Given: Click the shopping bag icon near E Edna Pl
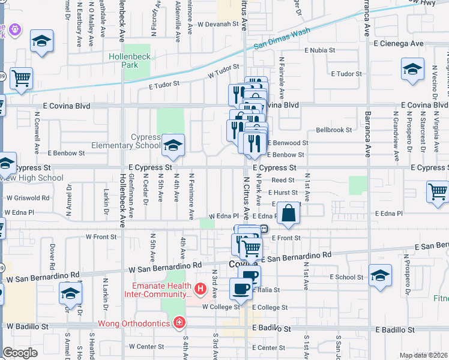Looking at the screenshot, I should [x=289, y=214].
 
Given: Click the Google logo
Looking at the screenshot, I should [x=20, y=353].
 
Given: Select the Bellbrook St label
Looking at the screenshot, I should [x=333, y=130].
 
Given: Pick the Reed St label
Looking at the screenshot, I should [x=283, y=180].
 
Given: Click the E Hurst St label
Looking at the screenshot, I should [x=283, y=193].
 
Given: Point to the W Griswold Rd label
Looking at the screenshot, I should [x=28, y=197].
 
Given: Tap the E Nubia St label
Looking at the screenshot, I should [x=324, y=50].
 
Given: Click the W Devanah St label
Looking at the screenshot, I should [x=217, y=25].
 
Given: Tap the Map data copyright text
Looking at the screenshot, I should [x=423, y=355].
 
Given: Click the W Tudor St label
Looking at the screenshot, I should [x=220, y=74].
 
